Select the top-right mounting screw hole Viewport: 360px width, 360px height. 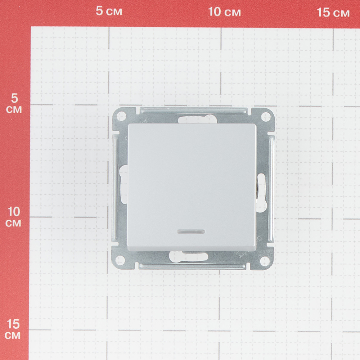pyautogui.click(x=266, y=116)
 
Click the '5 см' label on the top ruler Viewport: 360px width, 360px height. pyautogui.click(x=109, y=11)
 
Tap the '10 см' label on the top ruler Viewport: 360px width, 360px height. pyautogui.click(x=224, y=12)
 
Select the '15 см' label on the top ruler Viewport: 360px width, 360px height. pyautogui.click(x=333, y=12)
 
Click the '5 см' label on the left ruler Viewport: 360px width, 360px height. pyautogui.click(x=14, y=104)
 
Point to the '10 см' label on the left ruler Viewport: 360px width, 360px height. pyautogui.click(x=14, y=217)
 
